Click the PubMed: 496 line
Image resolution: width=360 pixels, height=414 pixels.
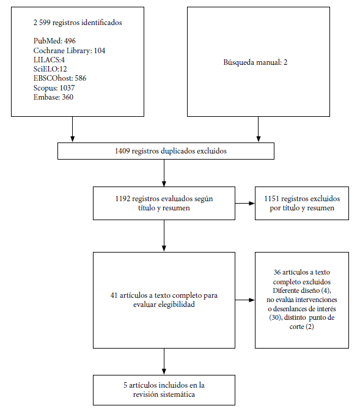[54, 41]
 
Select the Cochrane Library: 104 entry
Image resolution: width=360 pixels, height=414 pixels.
[69, 50]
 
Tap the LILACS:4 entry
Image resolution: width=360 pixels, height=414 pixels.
[49, 60]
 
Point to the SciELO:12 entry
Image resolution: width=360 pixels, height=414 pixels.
[50, 69]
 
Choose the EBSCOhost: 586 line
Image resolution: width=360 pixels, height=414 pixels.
[60, 78]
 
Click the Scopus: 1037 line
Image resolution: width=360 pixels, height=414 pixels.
[54, 87]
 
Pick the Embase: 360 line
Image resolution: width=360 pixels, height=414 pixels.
[53, 97]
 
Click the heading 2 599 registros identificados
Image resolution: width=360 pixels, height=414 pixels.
[78, 23]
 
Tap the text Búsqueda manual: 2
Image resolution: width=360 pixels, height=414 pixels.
[255, 62]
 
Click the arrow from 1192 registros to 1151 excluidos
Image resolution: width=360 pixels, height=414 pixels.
[245, 203]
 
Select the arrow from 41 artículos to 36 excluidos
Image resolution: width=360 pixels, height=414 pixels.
[245, 300]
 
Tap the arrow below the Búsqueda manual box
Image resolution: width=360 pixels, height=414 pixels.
[259, 129]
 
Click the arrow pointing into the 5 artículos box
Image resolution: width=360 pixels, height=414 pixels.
[164, 361]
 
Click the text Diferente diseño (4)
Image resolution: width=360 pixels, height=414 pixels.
[301, 290]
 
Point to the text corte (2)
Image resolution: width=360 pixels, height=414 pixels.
[302, 327]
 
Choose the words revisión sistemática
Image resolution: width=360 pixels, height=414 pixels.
[164, 394]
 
